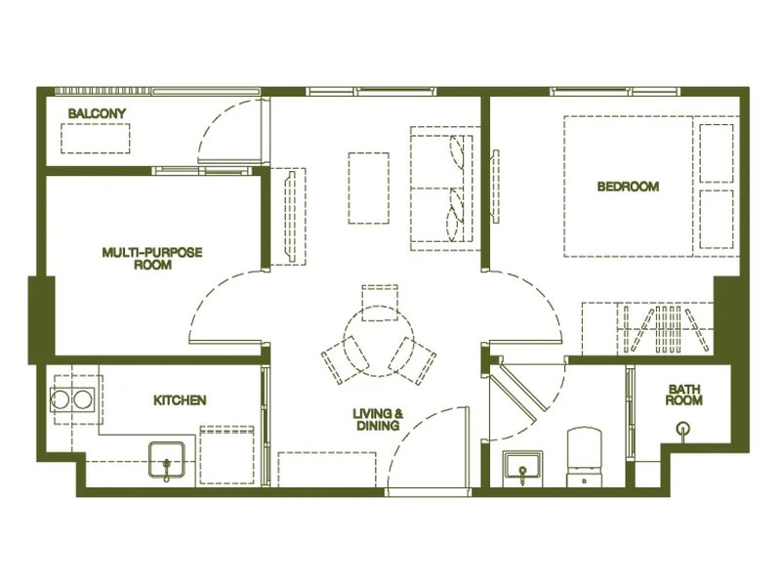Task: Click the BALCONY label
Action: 97,114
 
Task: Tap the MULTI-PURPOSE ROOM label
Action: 152,258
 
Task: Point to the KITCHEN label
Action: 180,400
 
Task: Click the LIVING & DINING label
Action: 377,419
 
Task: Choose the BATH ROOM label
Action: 684,395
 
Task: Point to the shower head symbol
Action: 683,427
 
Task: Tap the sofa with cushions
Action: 442,185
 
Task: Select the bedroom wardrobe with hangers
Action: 649,327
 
